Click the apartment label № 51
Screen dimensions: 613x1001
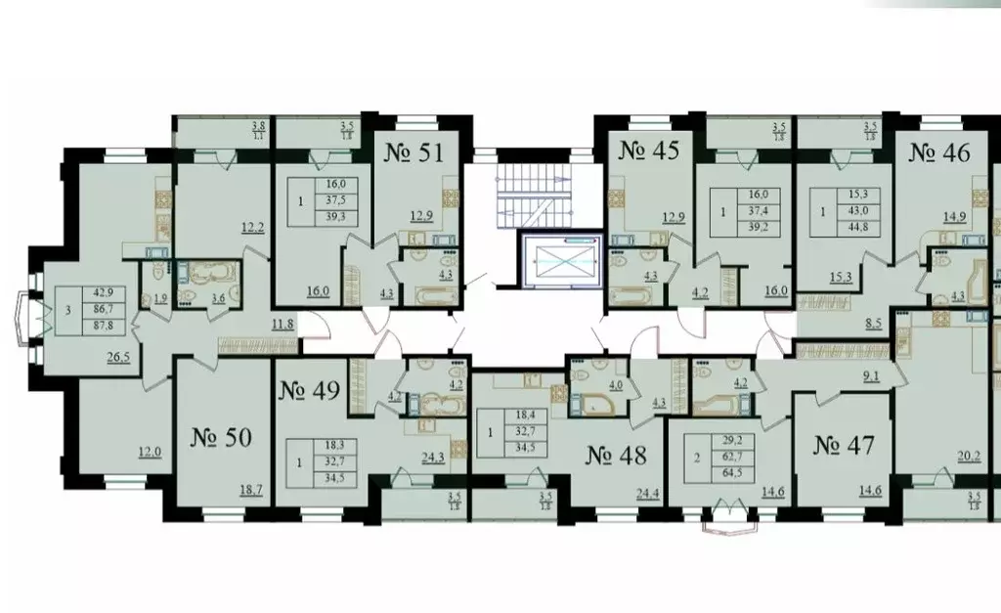point(411,153)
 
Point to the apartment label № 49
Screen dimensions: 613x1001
point(309,391)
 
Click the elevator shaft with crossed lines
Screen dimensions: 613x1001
point(557,261)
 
